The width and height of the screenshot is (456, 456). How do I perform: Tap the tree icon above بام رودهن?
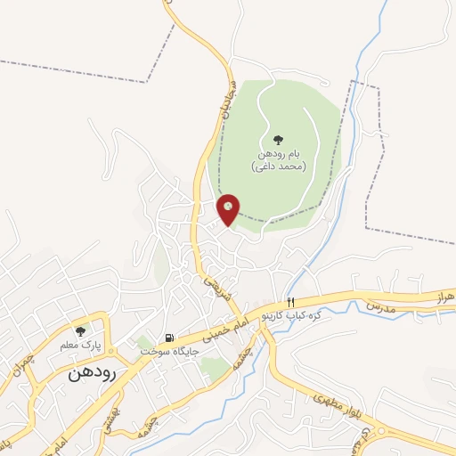pos(278,139)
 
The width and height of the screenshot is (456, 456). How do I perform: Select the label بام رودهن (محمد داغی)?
pos(279,160)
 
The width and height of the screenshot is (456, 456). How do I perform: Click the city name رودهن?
pos(92,374)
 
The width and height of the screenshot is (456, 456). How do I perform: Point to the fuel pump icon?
pos(168,338)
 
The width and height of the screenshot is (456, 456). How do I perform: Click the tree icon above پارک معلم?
pos(81,330)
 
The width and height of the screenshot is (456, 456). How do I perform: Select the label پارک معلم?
pos(86,344)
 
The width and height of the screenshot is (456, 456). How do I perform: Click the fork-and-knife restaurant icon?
pos(290,303)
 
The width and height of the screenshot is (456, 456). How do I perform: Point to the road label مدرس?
pos(379,305)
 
